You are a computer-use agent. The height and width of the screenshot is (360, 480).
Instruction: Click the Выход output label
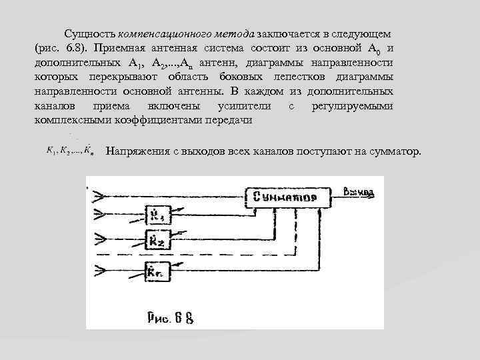[x=359, y=193]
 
